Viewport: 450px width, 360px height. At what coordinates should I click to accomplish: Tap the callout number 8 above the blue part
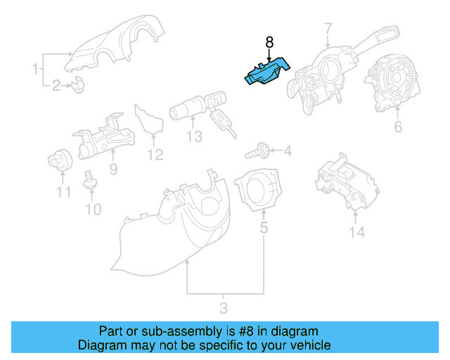(269, 43)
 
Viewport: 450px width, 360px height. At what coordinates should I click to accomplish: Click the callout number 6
(397, 127)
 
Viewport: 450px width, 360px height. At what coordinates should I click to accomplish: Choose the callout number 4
(286, 150)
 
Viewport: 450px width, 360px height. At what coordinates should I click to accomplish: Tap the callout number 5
(264, 228)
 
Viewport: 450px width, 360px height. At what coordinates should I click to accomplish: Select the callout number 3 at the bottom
(224, 307)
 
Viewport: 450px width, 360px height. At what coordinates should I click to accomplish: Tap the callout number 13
(194, 136)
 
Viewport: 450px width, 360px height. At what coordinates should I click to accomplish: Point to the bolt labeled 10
(89, 181)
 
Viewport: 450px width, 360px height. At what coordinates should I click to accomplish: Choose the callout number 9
(112, 169)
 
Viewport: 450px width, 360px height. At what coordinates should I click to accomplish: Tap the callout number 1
(34, 69)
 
